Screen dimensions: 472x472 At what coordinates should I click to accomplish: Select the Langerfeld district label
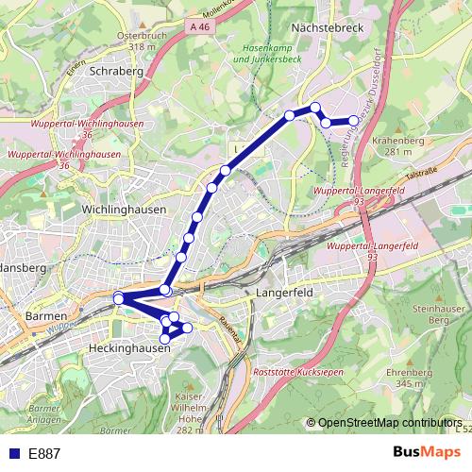pos(284,294)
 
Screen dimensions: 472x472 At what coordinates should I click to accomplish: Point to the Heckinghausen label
pos(128,348)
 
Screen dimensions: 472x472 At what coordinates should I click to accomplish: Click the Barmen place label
pos(46,315)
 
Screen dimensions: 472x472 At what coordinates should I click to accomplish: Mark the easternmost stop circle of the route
pos(354,121)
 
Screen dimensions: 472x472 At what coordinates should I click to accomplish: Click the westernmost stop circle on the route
pos(119,299)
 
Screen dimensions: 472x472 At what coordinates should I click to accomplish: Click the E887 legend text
pos(44,454)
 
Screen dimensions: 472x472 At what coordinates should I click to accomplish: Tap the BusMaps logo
pos(426,453)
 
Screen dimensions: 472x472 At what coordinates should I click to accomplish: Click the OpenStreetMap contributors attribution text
pos(389,423)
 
